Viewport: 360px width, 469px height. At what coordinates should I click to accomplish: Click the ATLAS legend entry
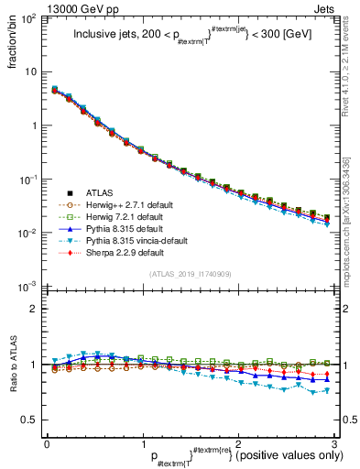pyautogui.click(x=99, y=193)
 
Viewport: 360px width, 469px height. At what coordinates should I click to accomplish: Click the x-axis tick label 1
pyautogui.click(x=142, y=442)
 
